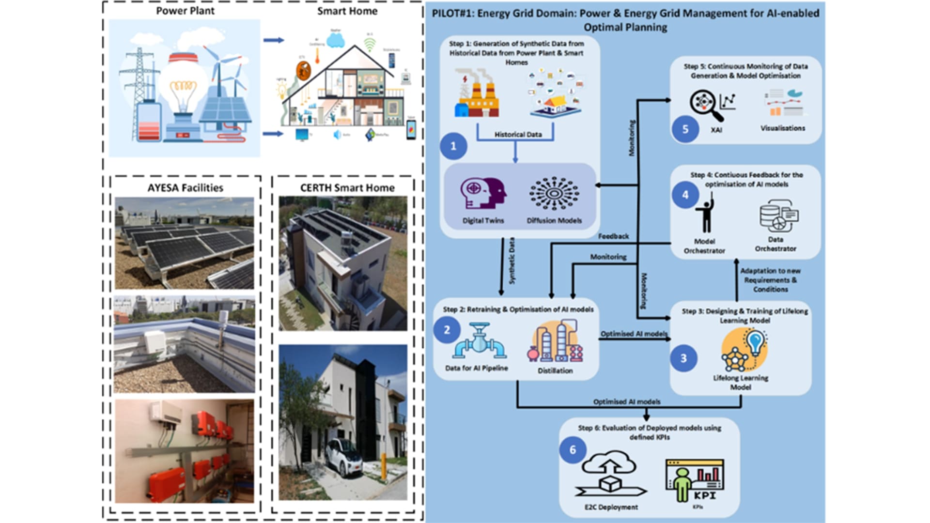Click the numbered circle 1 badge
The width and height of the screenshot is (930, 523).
click(x=453, y=146)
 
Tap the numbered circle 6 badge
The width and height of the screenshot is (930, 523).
click(x=573, y=450)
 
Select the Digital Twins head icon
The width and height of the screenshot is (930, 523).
click(x=483, y=193)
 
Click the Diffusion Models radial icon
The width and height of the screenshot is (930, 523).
click(x=554, y=193)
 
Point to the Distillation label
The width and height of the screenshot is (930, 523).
click(x=555, y=370)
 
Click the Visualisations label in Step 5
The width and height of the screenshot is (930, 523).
click(x=783, y=128)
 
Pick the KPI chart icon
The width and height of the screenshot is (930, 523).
click(x=696, y=480)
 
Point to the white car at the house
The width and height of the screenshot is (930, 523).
click(x=343, y=456)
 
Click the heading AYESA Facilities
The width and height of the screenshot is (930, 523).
click(x=185, y=188)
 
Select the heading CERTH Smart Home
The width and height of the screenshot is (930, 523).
click(x=347, y=188)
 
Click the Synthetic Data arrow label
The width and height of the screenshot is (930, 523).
click(x=512, y=261)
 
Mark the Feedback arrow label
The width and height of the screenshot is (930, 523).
click(x=613, y=236)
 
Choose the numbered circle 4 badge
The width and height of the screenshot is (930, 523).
click(x=685, y=195)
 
